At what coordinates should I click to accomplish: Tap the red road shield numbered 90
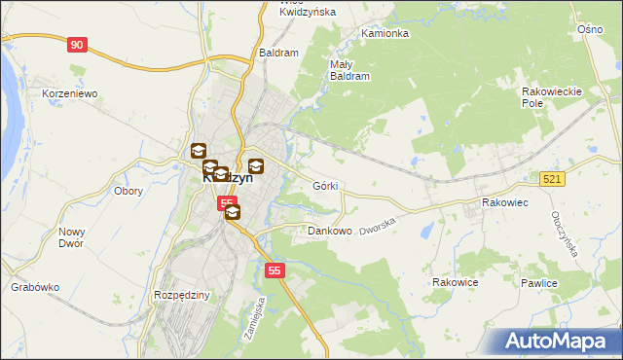point(79,45)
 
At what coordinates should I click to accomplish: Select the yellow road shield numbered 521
point(553,179)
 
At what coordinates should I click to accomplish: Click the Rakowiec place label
point(504,202)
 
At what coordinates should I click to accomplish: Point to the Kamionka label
point(385,33)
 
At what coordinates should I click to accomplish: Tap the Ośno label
point(590,30)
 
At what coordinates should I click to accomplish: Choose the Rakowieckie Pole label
point(551,96)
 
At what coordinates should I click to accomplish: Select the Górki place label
point(325,185)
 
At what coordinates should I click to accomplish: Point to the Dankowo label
point(329,232)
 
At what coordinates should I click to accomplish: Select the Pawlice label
point(538,283)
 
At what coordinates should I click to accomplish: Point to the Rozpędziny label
point(182,294)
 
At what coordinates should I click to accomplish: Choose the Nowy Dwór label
point(73,238)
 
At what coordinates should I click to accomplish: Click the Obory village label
point(128,191)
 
